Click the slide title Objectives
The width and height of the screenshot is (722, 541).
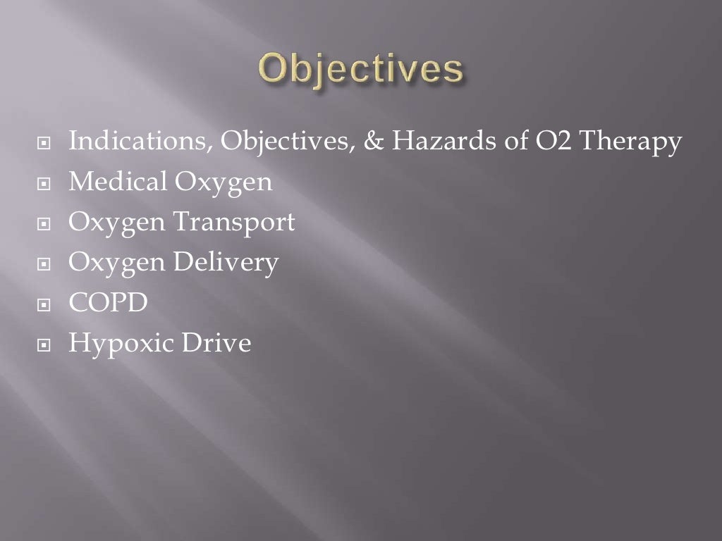[361, 72]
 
